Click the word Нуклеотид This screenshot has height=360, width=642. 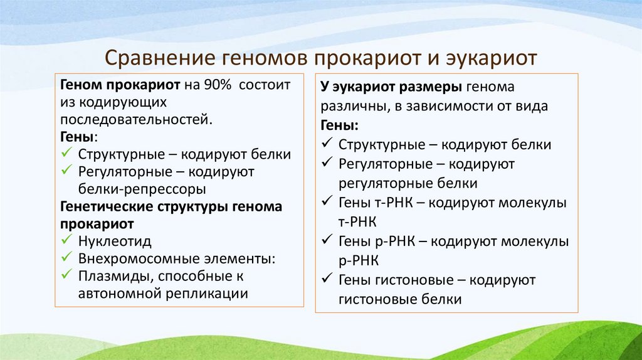click(x=115, y=241)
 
